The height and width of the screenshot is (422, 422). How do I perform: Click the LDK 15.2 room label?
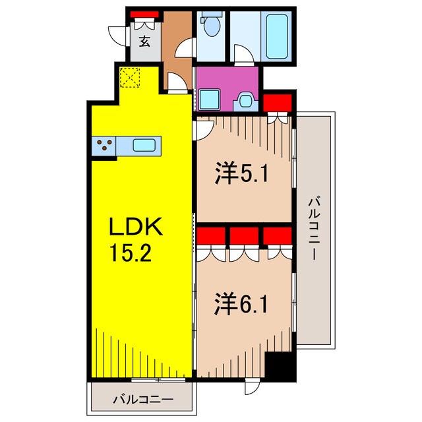(x=136, y=238)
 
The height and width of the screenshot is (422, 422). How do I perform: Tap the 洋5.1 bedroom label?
(x=242, y=175)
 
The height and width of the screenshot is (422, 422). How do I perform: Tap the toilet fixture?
(x=212, y=27)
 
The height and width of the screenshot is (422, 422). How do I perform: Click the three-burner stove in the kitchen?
(x=104, y=146)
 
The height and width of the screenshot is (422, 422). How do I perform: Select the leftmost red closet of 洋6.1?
(x=210, y=236)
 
